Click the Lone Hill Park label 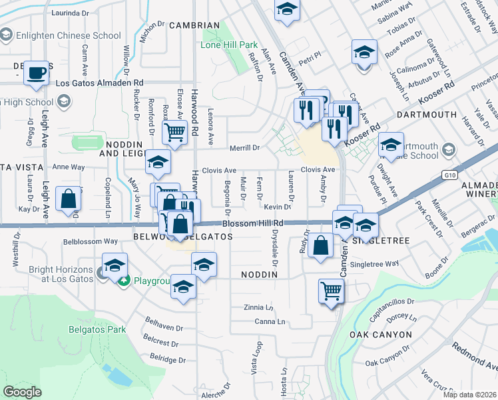pyautogui.click(x=229, y=45)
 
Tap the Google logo pyautogui.click(x=22, y=392)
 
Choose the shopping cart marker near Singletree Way pyautogui.click(x=331, y=290)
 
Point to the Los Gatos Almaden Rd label pyautogui.click(x=99, y=83)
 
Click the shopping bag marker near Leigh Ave pyautogui.click(x=69, y=199)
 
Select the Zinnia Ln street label pyautogui.click(x=258, y=307)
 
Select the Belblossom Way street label pyautogui.click(x=90, y=241)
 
